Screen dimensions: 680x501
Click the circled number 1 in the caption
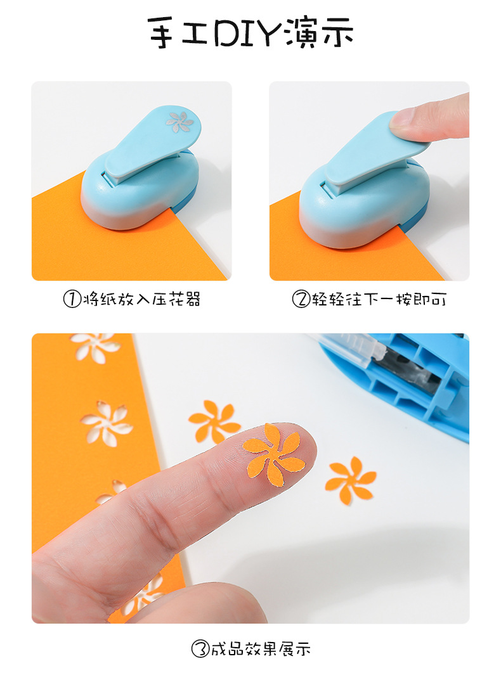pos(73,299)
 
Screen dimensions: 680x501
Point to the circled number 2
pos(300,299)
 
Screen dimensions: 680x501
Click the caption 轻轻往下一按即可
pos(378,299)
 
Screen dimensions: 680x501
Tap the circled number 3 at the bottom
pos(200,648)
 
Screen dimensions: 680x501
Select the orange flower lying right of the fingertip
pos(350,480)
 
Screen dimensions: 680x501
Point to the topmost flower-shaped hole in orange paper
pos(95,346)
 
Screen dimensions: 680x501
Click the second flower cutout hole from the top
pos(106,423)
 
